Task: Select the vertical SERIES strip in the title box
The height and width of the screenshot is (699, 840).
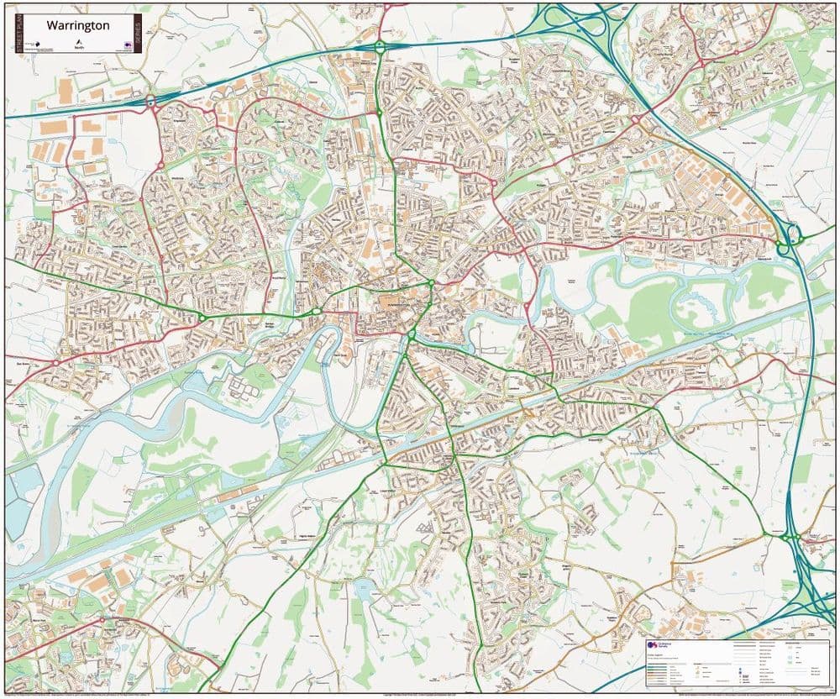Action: [137, 34]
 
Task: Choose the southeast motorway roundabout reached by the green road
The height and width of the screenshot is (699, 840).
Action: [789, 535]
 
